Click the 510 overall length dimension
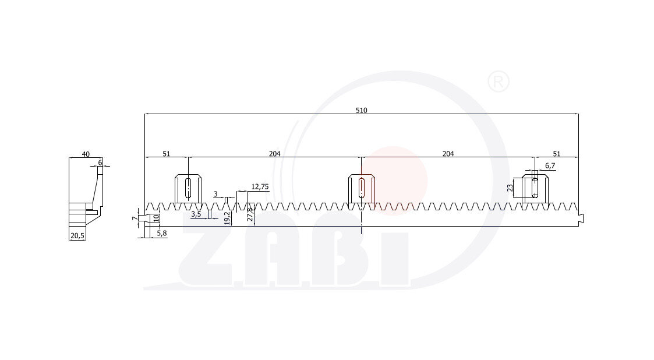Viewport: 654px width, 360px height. coord(361,110)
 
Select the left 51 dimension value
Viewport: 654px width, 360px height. coord(166,154)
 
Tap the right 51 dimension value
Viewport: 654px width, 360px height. coord(556,154)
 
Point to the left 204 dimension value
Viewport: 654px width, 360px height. coord(274,154)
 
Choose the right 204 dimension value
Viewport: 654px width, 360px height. coord(448,154)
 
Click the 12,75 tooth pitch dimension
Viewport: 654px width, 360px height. coord(260,186)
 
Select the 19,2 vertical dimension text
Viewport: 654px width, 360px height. coord(227,218)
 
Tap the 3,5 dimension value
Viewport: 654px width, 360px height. coord(196,214)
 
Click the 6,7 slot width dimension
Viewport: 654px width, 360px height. coord(550,165)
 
